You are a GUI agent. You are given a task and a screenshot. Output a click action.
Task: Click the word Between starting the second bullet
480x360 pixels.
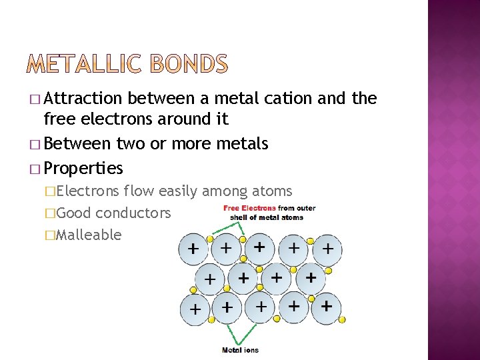tap(78, 143)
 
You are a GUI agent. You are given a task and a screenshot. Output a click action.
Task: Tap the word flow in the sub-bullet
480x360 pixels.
tap(138, 191)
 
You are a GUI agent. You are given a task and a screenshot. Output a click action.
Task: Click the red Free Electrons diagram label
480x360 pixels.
tap(250, 208)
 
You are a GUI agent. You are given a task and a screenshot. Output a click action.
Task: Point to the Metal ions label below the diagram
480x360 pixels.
tap(240, 349)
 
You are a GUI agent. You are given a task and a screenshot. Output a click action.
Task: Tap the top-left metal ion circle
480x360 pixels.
tap(194, 250)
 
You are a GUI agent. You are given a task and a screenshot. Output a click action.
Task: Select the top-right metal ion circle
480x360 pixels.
tap(327, 249)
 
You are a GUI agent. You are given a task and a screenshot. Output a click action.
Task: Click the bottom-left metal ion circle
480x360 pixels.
tap(195, 309)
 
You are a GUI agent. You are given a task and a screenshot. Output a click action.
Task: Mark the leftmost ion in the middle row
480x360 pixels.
tap(210, 279)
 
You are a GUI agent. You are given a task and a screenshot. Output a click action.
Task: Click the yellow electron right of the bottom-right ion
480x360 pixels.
tap(342, 320)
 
